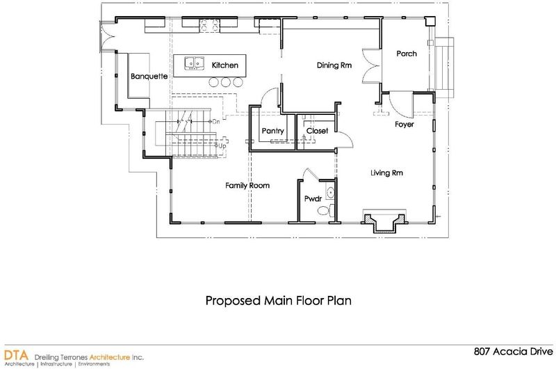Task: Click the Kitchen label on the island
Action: [x=224, y=65]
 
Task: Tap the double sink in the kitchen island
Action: [x=195, y=63]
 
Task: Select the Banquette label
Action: [x=149, y=77]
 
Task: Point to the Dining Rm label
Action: [x=334, y=65]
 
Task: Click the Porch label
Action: [x=407, y=54]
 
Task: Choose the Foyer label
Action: [x=404, y=125]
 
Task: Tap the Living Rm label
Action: [x=386, y=173]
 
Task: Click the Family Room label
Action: [x=247, y=185]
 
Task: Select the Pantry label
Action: [x=272, y=131]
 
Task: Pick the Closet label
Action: [x=317, y=131]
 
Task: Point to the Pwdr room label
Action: [x=313, y=199]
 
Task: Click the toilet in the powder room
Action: [x=326, y=210]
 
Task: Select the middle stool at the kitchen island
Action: [x=226, y=82]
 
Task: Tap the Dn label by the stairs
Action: [x=216, y=122]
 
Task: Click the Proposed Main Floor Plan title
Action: [x=279, y=301]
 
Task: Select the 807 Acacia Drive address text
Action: [x=513, y=352]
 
